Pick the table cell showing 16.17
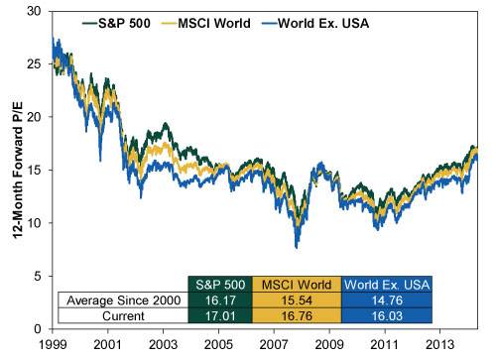[219, 299]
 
